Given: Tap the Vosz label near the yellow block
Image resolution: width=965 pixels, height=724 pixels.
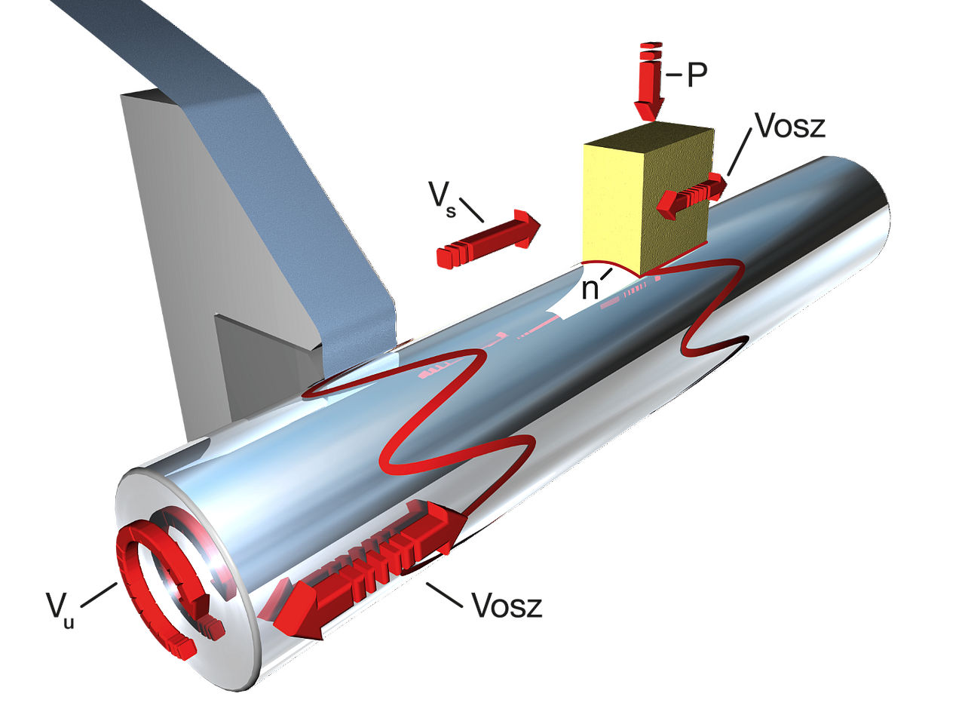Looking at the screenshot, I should click(789, 127).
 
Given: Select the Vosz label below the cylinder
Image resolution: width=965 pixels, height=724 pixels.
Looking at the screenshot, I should click(506, 605).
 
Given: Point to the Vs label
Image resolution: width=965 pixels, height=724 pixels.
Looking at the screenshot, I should click(443, 198).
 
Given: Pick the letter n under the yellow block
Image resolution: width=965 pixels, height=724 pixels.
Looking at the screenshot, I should click(590, 288).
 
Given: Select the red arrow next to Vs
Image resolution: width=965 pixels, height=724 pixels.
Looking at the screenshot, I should click(489, 239).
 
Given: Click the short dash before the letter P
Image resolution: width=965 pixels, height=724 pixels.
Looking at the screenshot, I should click(674, 75).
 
